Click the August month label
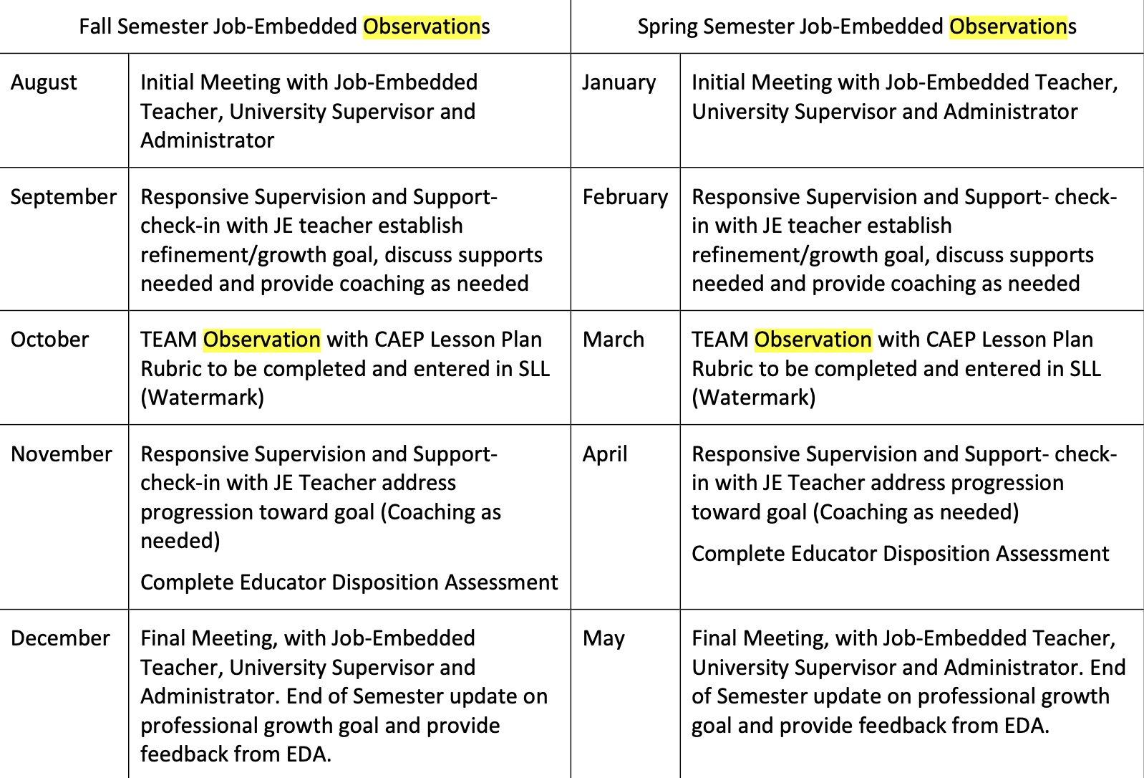44,83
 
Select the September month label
64,197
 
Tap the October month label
49,340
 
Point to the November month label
62,454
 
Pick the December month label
61,638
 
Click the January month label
619,83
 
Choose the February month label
625,197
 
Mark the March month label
614,340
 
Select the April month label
605,454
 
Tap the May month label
603,638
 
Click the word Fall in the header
95,27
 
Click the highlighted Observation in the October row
262,340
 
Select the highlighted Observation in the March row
813,340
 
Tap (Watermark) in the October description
203,397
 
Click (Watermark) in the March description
754,397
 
